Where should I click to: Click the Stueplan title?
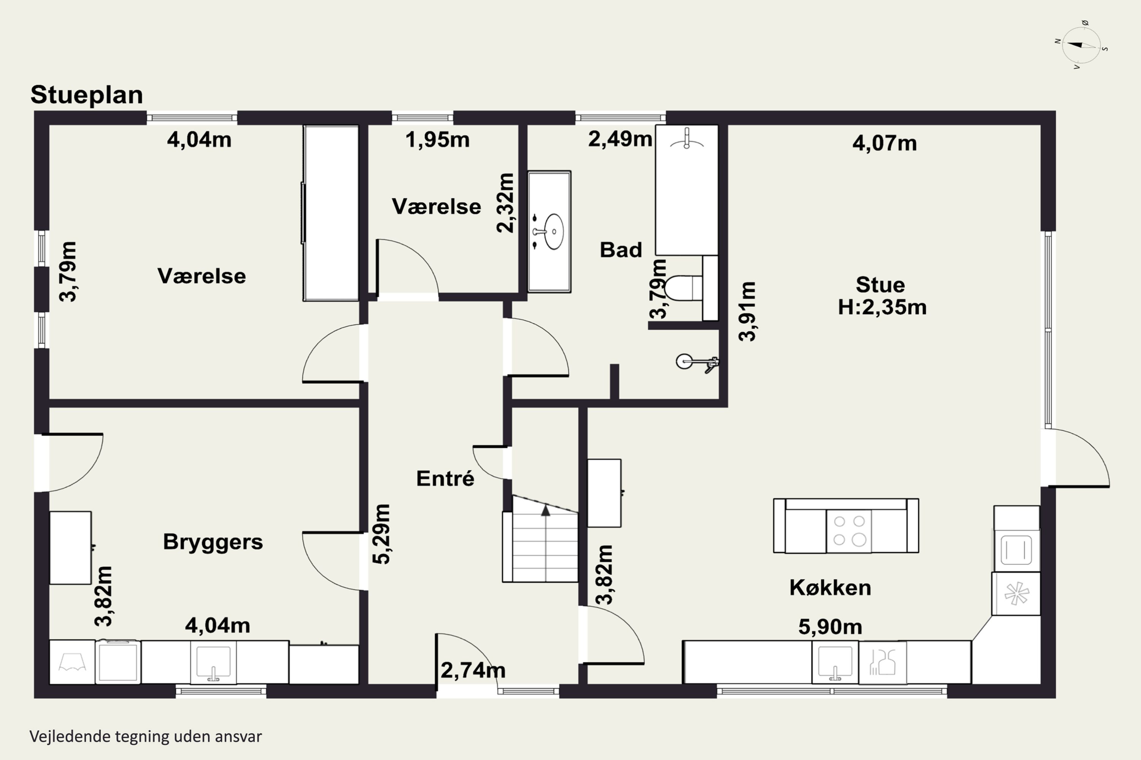87,95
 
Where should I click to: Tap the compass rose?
1081,45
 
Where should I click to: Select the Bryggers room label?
213,542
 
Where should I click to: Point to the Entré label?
445,478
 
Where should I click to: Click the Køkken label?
830,587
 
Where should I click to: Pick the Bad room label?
621,250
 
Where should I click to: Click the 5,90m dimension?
830,627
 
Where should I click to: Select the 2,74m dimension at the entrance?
473,670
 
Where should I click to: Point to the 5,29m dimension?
382,534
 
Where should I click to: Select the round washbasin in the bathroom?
553,232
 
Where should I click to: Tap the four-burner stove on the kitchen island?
849,531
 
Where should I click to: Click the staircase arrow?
546,510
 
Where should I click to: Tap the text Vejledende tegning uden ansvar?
146,737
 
